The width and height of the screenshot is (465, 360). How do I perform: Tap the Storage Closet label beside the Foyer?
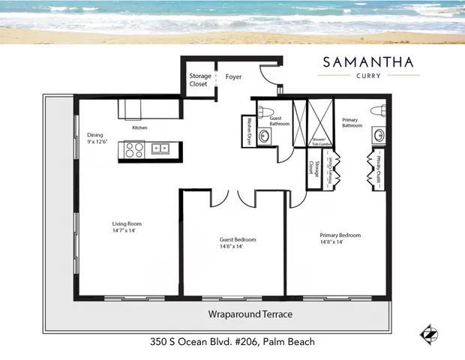tap(199, 79)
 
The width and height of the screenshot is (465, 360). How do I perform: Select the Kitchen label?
tap(139, 128)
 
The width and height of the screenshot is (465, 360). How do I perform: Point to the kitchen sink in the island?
tap(160, 148)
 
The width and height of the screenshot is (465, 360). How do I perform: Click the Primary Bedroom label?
tap(340, 235)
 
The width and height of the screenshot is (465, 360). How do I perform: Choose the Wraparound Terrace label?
tap(250, 313)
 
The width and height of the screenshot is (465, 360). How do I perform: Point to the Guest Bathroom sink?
tap(264, 136)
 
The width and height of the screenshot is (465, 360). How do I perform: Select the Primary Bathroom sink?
tap(379, 136)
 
